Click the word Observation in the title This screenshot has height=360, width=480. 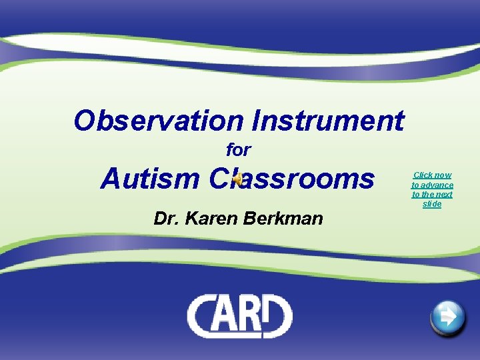159,121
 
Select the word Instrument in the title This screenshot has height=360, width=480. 328,121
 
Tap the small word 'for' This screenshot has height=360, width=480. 238,150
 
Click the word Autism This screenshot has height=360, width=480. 150,179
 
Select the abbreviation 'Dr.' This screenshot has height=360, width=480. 167,218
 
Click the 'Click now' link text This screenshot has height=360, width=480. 432,175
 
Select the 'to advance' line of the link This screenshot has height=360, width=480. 432,185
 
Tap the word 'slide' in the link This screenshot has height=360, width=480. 432,204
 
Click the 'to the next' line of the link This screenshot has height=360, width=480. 432,195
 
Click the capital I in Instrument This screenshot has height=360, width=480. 257,121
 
